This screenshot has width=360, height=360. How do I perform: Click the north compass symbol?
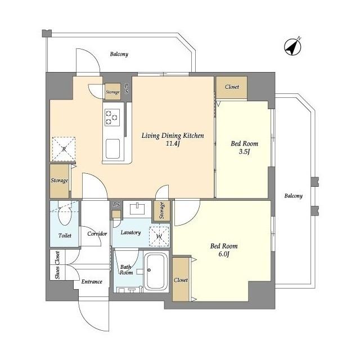click(292, 46)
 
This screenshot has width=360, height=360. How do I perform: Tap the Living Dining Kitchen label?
click(173, 136)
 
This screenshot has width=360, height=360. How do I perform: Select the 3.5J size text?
click(244, 151)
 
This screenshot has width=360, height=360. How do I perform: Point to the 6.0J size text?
click(224, 254)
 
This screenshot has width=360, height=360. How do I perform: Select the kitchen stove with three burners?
click(112, 118)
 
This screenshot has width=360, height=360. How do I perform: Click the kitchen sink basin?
click(112, 148)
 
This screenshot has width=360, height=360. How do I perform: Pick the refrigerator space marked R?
click(64, 148)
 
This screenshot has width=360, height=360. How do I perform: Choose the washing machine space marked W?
click(159, 236)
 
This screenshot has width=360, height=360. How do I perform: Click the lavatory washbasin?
click(137, 209)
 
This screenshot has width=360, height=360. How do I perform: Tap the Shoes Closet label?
click(57, 265)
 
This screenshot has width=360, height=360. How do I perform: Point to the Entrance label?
click(92, 281)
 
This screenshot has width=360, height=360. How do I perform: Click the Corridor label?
click(97, 234)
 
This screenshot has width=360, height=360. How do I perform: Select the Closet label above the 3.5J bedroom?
click(232, 87)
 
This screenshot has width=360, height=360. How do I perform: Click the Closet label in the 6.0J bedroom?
click(181, 280)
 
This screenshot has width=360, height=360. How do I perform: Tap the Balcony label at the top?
click(119, 54)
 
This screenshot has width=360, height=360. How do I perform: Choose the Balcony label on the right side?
click(294, 196)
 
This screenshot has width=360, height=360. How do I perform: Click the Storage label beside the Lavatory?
click(162, 210)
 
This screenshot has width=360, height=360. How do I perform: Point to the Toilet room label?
click(65, 235)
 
